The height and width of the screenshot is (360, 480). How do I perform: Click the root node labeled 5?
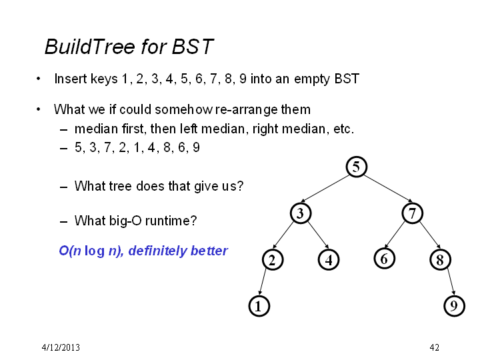[x=356, y=167]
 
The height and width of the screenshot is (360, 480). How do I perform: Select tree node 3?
[x=301, y=213]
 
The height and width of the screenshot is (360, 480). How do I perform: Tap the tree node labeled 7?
[x=413, y=213]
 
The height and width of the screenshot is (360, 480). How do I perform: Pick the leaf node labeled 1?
[x=259, y=306]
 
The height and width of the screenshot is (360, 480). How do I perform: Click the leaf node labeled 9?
[x=454, y=306]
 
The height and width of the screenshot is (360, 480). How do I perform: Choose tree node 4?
[x=329, y=260]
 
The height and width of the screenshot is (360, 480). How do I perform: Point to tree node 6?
[x=385, y=259]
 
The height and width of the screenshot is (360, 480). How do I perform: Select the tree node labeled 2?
[x=273, y=260]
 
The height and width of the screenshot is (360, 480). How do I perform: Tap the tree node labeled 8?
[x=440, y=260]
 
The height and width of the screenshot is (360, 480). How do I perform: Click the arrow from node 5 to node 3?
[x=325, y=189]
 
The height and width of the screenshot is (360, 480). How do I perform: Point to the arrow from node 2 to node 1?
[x=263, y=282]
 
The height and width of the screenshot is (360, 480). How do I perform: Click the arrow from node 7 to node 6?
[x=395, y=234]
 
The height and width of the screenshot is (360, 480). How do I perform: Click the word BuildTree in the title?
[x=90, y=47]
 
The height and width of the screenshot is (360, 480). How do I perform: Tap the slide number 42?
[x=435, y=347]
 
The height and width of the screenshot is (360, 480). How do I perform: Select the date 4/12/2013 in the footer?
[x=61, y=347]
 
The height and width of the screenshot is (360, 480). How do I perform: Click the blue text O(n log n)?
[x=91, y=251]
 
